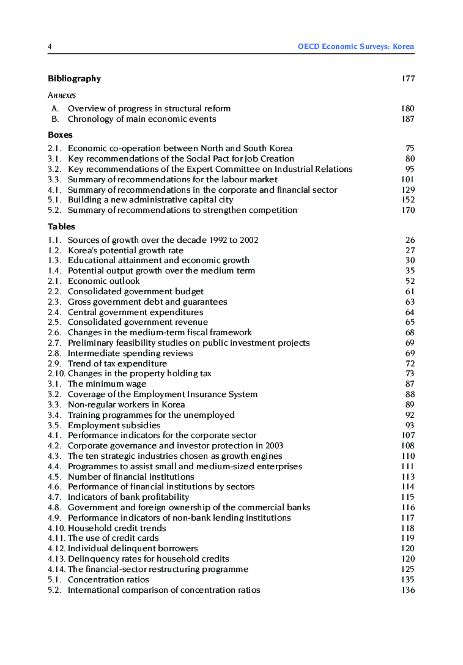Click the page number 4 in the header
pyautogui.click(x=50, y=46)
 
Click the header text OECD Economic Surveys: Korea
pyautogui.click(x=355, y=46)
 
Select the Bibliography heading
pyautogui.click(x=74, y=78)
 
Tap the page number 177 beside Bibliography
pyautogui.click(x=408, y=78)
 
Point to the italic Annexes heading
pyautogui.click(x=62, y=95)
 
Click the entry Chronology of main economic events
pyautogui.click(x=141, y=119)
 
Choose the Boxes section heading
pyautogui.click(x=60, y=135)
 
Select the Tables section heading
pyautogui.click(x=61, y=226)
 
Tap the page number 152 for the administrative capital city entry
pyautogui.click(x=408, y=199)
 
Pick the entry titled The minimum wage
pyautogui.click(x=106, y=384)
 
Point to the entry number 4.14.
pyautogui.click(x=57, y=569)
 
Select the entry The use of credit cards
pyautogui.click(x=113, y=538)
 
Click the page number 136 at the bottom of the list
pyautogui.click(x=408, y=590)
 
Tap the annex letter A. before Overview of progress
pyautogui.click(x=55, y=108)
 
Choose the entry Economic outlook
pyautogui.click(x=103, y=281)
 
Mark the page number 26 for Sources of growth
pyautogui.click(x=410, y=240)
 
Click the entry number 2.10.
pyautogui.click(x=57, y=373)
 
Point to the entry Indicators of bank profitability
pyautogui.click(x=128, y=497)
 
